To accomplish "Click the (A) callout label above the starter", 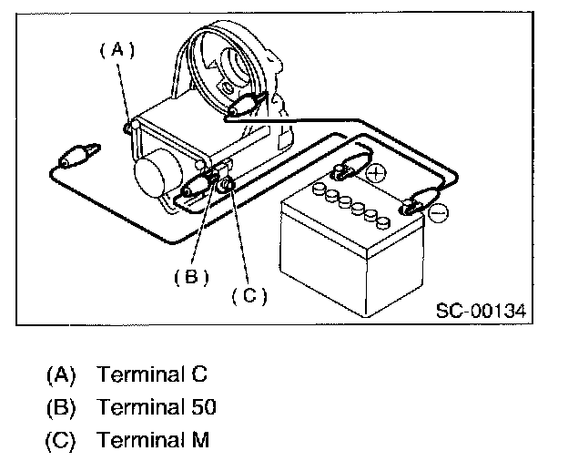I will coord(117,52).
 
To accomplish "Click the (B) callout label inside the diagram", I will coord(192,276).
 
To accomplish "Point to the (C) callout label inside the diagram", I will coord(247,295).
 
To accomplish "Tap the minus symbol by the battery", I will coord(438,212).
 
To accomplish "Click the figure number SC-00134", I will coord(480,312).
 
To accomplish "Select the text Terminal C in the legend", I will coord(153,374).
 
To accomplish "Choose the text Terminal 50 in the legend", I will coord(157,407).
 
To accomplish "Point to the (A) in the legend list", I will coord(59,374).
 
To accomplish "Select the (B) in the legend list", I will coord(59,407).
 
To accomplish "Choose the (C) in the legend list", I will coord(59,440).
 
